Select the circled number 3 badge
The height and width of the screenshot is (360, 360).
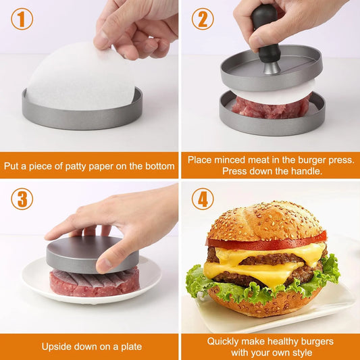(x=22, y=199)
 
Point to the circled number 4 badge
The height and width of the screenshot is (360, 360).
(x=202, y=199)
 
